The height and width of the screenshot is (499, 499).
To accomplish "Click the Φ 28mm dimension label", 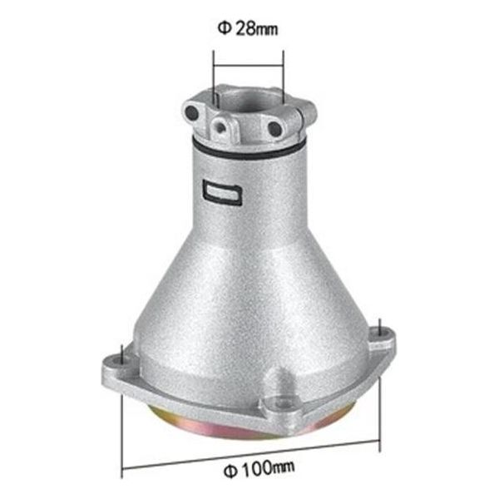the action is pos(248,28).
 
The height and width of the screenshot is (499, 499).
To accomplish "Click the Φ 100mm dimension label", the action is pos(259,468).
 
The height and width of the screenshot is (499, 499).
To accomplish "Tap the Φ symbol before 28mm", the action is pos(225,28).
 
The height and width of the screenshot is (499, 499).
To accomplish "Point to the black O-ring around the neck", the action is pos(248,151).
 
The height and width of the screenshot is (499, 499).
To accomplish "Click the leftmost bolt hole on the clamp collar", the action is pos(192,112).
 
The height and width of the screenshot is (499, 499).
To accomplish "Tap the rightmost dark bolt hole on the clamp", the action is pos(274,129).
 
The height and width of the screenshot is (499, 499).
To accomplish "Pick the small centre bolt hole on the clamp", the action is pos(220,128).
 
